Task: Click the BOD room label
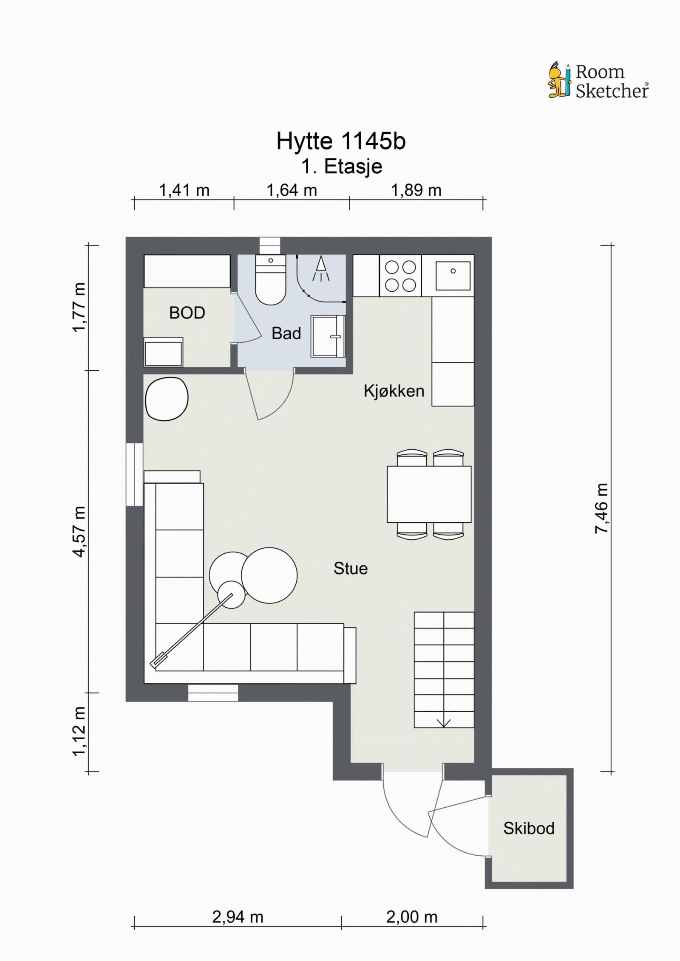187,313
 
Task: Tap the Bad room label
286,333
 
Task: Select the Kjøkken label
394,391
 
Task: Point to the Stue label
351,569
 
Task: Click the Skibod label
529,828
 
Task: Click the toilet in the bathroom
270,280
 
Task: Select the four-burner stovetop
400,276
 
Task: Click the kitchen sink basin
453,276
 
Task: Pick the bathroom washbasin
328,336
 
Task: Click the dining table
429,494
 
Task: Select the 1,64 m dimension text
292,190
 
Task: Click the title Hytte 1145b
341,141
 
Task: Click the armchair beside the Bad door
167,399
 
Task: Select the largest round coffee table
269,575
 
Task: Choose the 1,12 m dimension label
79,731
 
